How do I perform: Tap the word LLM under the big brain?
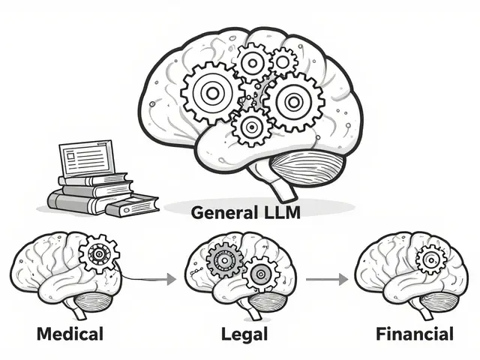279,211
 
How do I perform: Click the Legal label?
240,332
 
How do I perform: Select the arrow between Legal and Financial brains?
328,279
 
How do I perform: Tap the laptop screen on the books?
85,158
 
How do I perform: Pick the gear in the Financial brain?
430,260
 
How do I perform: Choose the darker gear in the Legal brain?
223,260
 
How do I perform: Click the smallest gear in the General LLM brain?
283,60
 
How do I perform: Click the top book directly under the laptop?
94,179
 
